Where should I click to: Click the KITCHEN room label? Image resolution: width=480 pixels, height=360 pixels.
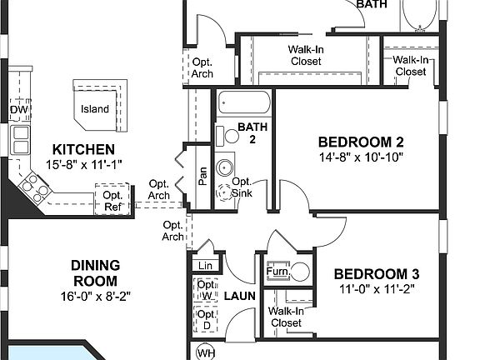pos(84,149)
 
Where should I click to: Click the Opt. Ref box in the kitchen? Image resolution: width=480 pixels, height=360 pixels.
pos(112,202)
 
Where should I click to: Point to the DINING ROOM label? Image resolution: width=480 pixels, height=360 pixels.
pos(94,273)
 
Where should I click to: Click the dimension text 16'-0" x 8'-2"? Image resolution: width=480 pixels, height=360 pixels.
pos(94,295)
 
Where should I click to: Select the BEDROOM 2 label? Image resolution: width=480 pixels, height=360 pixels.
pos(361,141)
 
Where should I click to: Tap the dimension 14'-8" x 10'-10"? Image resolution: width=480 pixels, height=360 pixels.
pos(361,157)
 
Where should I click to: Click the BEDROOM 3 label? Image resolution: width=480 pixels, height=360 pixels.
pos(377,274)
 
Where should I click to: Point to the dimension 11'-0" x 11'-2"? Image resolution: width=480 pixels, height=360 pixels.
pos(377,290)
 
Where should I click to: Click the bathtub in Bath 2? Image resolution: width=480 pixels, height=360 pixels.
pos(243,105)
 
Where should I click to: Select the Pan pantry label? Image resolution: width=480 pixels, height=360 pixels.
pos(202,176)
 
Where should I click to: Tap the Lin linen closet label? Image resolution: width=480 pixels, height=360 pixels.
pos(205,266)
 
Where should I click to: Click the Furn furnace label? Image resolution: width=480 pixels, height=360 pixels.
pos(277,272)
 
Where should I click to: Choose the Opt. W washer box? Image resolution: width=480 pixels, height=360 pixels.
pos(205,290)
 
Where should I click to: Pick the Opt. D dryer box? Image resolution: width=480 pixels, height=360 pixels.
pos(205,319)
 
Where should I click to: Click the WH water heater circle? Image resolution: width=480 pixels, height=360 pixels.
pos(206,352)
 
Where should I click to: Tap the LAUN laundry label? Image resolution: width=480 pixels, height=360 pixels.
pos(240,296)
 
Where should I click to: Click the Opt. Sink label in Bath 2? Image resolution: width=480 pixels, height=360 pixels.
pos(241,187)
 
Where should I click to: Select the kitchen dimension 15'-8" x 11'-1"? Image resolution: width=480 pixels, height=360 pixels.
pos(84,164)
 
